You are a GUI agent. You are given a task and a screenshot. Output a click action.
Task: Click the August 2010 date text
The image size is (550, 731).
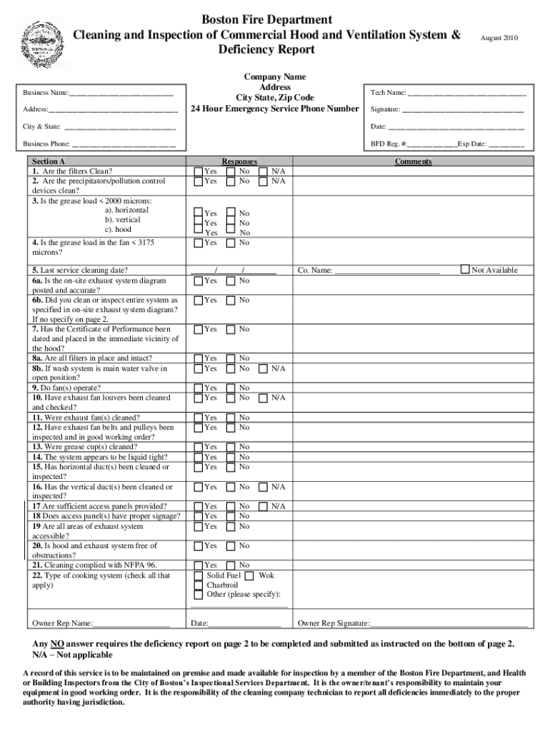click(x=499, y=37)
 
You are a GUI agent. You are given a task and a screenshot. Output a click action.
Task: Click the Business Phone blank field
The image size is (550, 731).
click(x=124, y=144)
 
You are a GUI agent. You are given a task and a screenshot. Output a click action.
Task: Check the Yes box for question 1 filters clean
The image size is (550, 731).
click(x=198, y=171)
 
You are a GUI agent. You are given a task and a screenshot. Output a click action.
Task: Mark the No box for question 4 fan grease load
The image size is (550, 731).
click(x=230, y=243)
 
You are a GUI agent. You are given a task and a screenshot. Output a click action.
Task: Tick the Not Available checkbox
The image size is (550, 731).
click(x=465, y=270)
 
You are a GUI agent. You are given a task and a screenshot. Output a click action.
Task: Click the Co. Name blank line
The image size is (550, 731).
click(x=387, y=271)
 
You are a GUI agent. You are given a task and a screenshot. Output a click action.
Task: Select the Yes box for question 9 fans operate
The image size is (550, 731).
click(x=198, y=388)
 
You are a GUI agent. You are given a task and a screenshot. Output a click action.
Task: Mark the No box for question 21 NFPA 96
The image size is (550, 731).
click(x=230, y=565)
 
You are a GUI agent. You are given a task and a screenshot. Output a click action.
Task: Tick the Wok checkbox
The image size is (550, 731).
click(x=249, y=575)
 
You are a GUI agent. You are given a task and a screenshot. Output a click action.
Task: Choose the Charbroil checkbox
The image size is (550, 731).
click(x=198, y=585)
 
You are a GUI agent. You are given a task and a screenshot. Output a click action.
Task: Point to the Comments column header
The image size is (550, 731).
click(x=413, y=162)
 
